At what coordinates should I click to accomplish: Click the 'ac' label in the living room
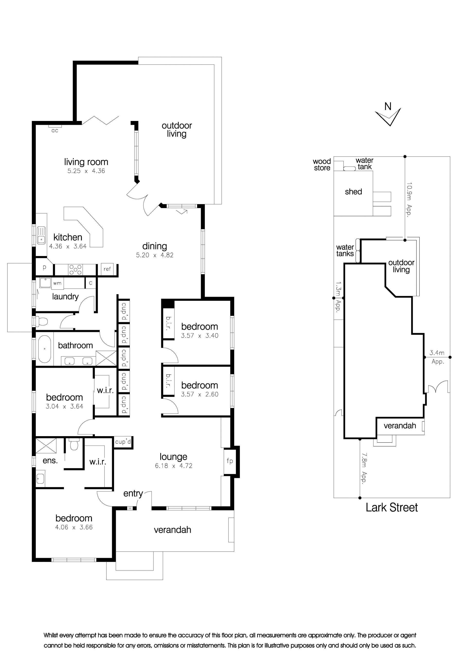tap(55, 131)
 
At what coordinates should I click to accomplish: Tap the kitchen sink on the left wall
tap(41, 235)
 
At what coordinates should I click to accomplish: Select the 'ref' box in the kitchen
tap(107, 269)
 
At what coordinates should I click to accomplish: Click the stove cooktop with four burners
tap(75, 269)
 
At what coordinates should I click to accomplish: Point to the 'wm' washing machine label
tap(57, 283)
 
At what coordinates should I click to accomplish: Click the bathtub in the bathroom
tap(45, 349)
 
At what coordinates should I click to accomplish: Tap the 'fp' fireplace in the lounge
tap(230, 461)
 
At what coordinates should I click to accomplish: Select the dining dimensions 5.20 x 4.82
tap(155, 255)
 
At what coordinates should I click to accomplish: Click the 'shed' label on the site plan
tap(353, 192)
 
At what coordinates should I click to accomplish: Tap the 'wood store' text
tap(322, 165)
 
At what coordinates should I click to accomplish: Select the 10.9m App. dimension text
tap(409, 199)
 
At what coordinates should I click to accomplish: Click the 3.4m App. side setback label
tap(437, 357)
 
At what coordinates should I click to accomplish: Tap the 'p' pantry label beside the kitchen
tap(44, 267)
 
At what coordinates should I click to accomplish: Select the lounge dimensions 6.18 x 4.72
tap(173, 466)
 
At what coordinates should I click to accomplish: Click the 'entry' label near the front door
tap(133, 494)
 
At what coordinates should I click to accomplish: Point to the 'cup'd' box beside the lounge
tap(123, 442)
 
